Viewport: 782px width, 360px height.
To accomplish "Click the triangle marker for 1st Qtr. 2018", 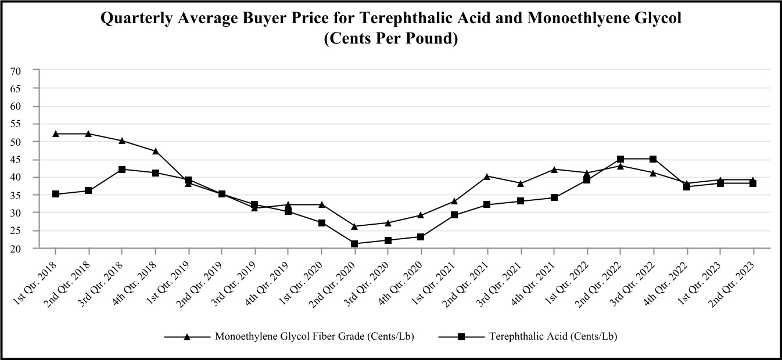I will point(56,134).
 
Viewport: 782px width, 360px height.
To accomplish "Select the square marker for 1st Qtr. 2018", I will point(56,194).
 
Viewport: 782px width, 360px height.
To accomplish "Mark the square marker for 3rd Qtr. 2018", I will point(122,170).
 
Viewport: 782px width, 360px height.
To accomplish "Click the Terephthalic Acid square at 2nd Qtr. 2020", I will point(354,243).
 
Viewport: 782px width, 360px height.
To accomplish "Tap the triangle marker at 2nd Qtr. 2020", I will point(354,226).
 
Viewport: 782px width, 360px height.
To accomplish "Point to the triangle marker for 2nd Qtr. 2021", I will point(487,176).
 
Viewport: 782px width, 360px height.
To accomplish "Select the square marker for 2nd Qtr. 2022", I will point(620,159).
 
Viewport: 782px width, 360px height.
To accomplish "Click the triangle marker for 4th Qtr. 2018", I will point(155,151).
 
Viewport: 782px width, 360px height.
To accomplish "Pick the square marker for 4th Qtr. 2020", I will point(421,236).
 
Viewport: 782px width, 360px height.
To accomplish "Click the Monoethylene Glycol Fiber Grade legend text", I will point(314,336).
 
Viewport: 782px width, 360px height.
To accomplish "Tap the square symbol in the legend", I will point(461,336).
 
